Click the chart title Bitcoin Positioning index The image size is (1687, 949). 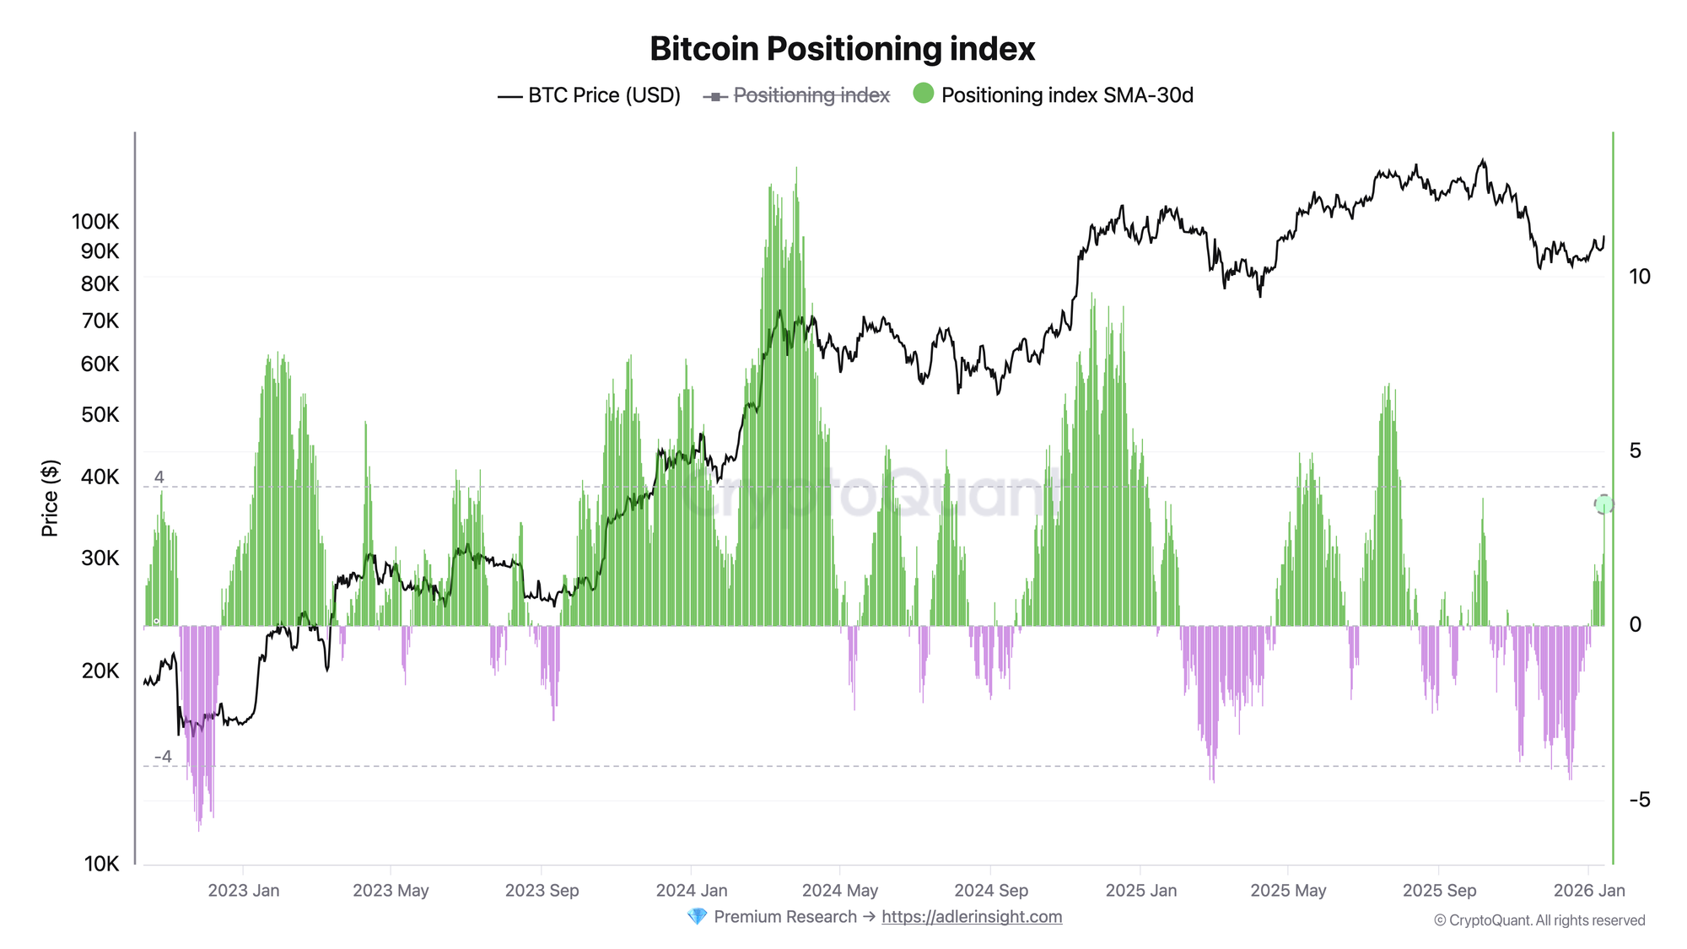pyautogui.click(x=842, y=49)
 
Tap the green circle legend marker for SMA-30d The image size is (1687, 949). pyautogui.click(x=924, y=94)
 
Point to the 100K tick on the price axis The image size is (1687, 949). pyautogui.click(x=95, y=222)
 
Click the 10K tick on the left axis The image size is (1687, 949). pyautogui.click(x=101, y=864)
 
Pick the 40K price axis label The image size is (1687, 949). pyautogui.click(x=100, y=477)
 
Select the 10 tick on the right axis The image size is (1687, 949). pyautogui.click(x=1639, y=277)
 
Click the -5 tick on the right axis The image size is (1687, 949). pyautogui.click(x=1639, y=800)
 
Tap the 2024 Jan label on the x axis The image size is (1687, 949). pyautogui.click(x=691, y=891)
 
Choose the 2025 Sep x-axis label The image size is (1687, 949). pyautogui.click(x=1439, y=891)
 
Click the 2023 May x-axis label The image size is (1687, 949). pyautogui.click(x=391, y=891)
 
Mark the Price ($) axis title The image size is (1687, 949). pyautogui.click(x=50, y=499)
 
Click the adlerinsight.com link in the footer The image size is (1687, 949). pyautogui.click(x=972, y=917)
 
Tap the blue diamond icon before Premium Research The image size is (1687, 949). pyautogui.click(x=697, y=917)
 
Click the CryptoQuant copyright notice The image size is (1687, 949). pyautogui.click(x=1539, y=920)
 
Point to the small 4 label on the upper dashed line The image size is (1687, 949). pyautogui.click(x=159, y=477)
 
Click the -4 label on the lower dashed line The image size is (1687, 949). pyautogui.click(x=163, y=757)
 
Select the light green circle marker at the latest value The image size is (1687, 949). pyautogui.click(x=1603, y=504)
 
